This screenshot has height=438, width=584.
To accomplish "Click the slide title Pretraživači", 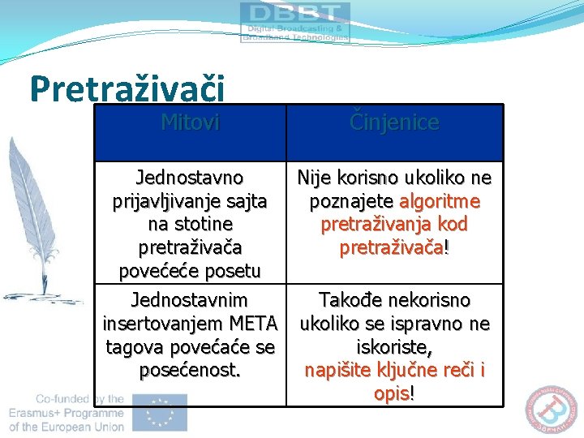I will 127,88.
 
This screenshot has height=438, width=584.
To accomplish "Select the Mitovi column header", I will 190,122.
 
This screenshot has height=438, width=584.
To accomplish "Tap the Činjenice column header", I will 394,122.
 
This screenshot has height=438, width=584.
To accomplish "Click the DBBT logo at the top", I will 294,22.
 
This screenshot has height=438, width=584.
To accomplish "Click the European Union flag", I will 160,412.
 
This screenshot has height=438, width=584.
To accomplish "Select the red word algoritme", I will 440,200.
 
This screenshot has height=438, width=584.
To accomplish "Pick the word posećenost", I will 190,370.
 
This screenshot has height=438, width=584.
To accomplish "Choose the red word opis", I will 393,393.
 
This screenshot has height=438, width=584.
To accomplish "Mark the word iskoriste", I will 393,347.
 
